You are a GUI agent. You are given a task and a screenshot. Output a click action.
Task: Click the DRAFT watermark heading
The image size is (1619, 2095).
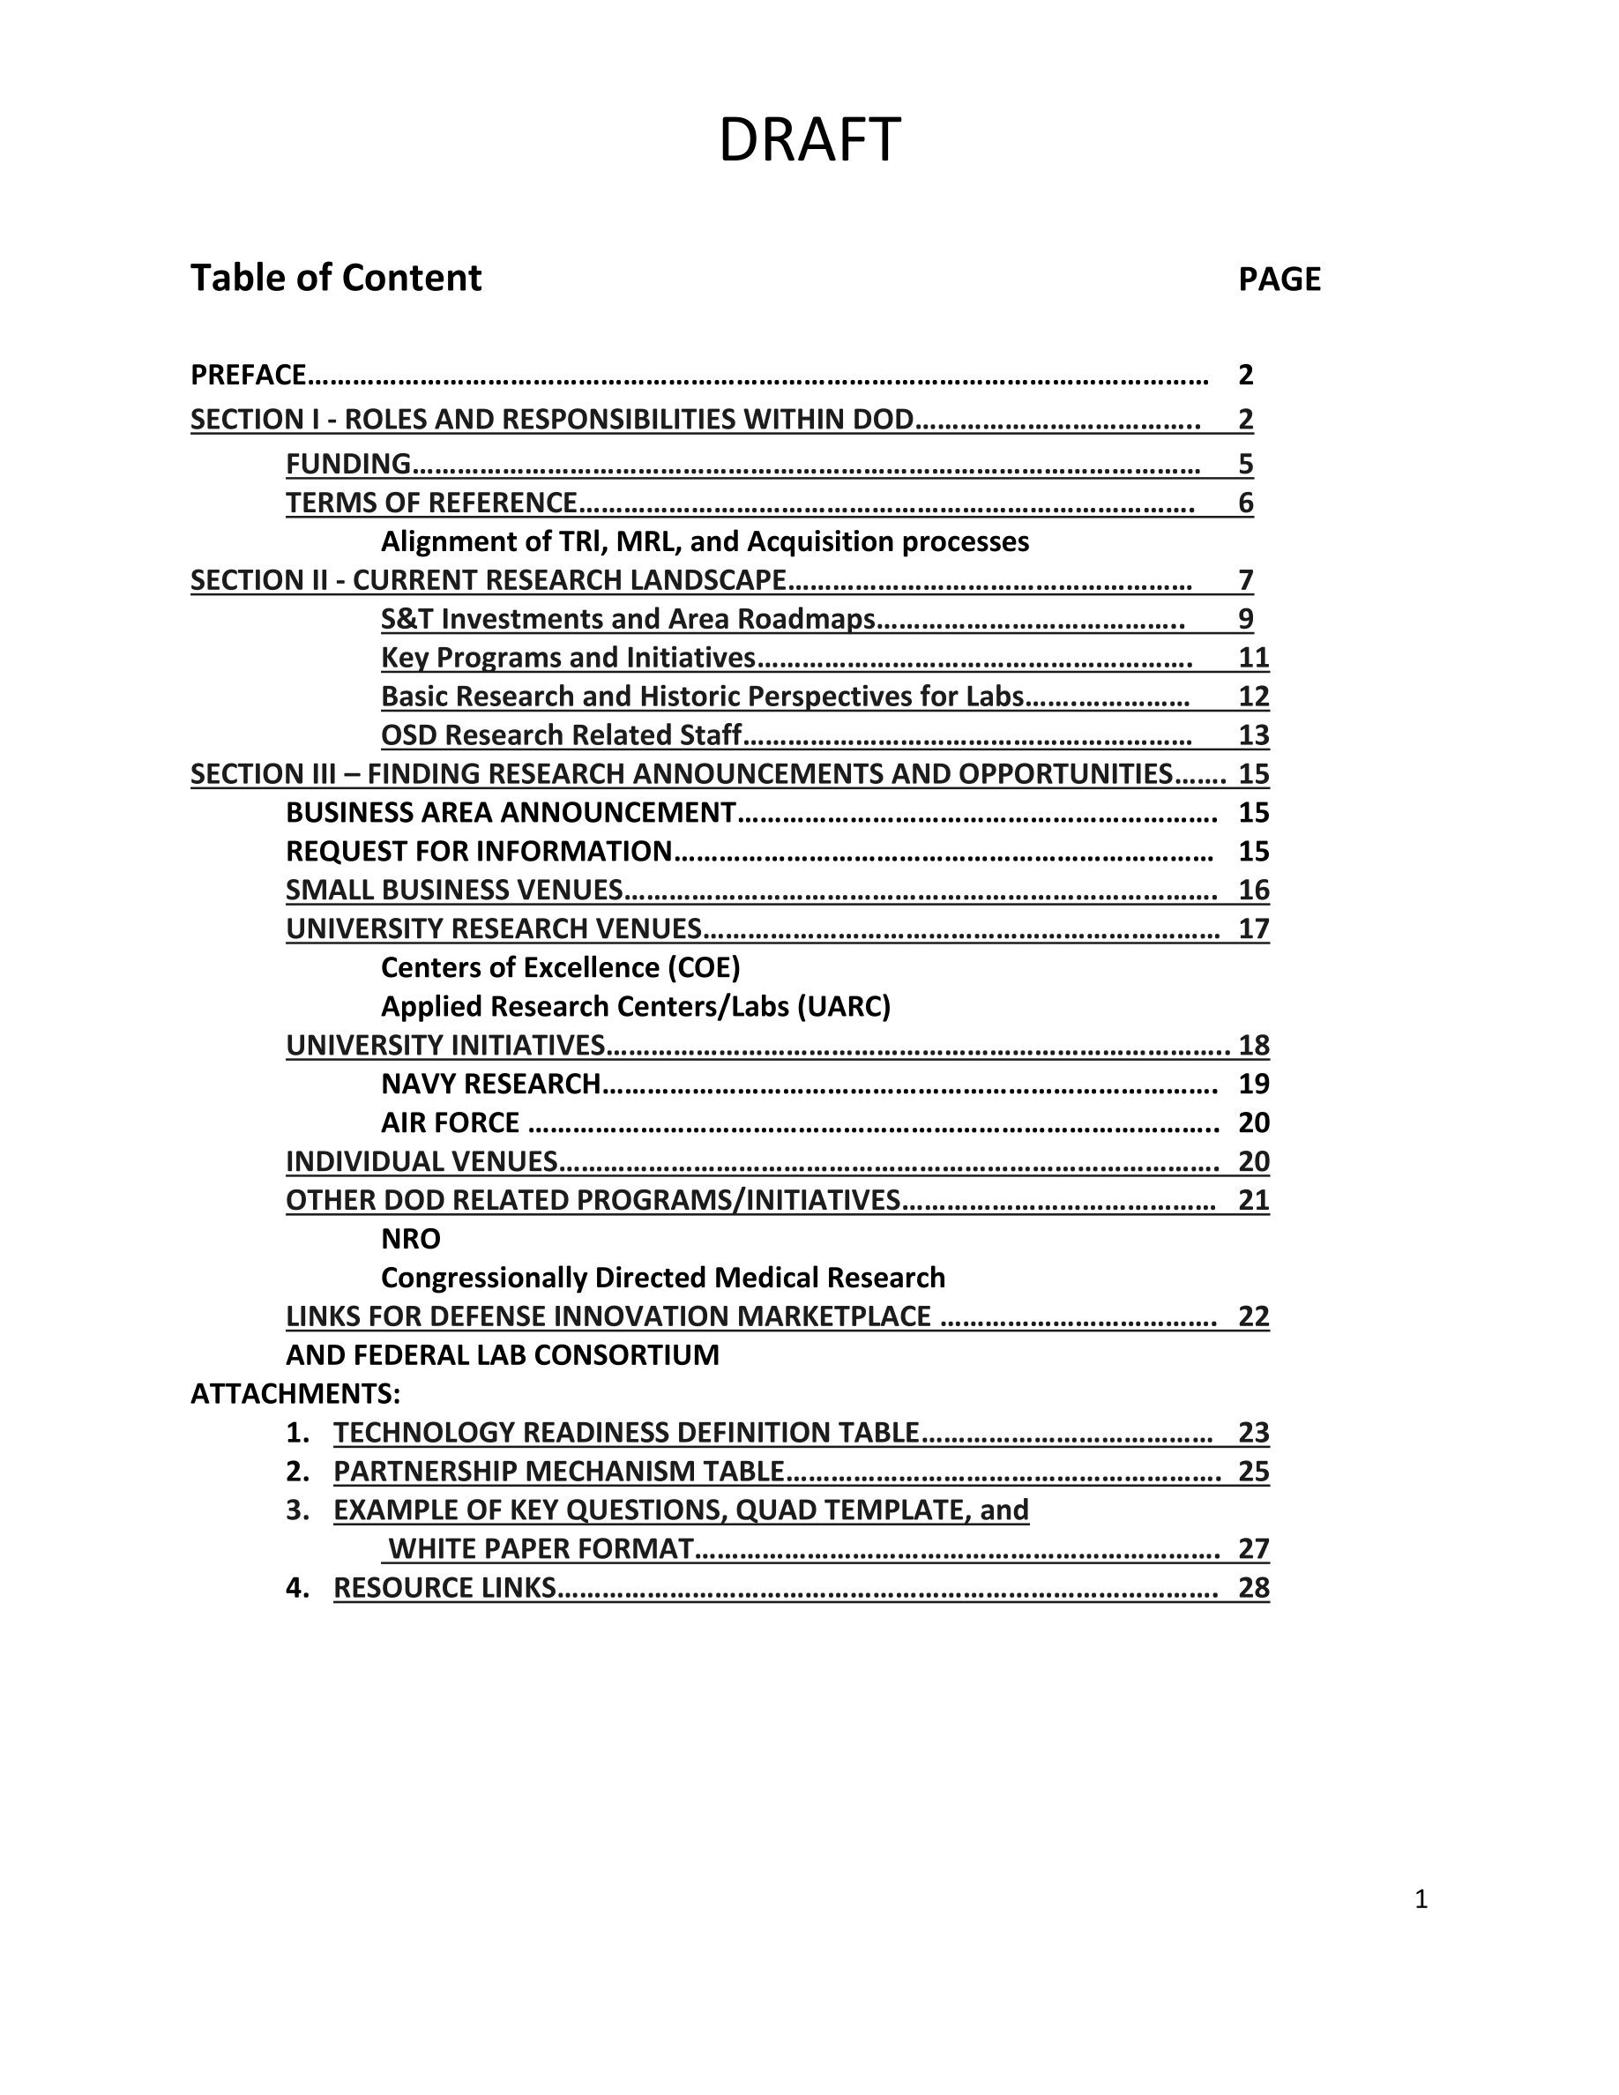pos(809,140)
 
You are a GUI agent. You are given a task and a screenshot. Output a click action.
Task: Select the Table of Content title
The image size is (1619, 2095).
pos(336,278)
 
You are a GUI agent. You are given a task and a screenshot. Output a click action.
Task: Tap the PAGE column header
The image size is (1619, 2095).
pos(1280,280)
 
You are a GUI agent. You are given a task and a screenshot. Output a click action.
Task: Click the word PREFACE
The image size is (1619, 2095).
pos(249,375)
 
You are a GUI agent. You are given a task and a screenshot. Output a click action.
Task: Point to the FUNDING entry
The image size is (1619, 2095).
pos(348,465)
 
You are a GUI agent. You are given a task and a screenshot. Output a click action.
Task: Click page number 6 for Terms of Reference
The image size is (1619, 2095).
pos(1245,503)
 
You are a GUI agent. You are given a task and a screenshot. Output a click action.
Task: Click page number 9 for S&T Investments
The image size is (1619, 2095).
pos(1245,620)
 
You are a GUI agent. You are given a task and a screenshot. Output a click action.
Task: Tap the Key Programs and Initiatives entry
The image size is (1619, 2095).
pos(568,658)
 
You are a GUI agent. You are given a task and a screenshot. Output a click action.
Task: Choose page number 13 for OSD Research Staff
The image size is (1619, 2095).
pos(1254,735)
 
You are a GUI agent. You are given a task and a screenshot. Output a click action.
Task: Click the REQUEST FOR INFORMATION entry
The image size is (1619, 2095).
pos(479,852)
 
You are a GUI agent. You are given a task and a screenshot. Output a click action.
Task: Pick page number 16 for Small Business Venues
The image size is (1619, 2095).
pos(1254,891)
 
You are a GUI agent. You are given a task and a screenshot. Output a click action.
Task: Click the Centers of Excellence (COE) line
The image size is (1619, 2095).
pos(560,968)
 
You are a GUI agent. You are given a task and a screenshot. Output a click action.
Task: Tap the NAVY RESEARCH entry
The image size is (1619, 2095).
pos(490,1084)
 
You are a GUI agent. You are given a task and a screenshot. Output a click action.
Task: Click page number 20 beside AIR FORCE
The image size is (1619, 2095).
pos(1254,1123)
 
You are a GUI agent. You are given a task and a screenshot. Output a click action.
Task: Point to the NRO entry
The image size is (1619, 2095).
pos(411,1240)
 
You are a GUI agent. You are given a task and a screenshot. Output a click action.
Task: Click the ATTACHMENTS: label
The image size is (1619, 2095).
pos(295,1394)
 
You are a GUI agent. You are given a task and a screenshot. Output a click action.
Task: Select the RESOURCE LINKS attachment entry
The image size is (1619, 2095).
pos(444,1589)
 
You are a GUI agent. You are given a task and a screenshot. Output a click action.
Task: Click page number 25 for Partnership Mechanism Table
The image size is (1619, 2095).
pos(1254,1472)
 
